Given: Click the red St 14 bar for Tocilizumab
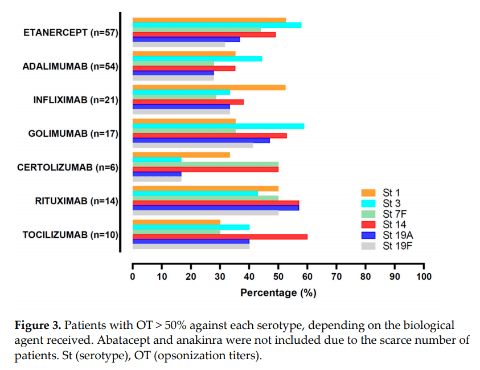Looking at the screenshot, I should [x=220, y=237].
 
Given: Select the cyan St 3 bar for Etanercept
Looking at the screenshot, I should [x=217, y=25].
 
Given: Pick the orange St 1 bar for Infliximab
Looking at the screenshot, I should [x=209, y=87].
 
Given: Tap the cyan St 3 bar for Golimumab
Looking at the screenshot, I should [x=218, y=126].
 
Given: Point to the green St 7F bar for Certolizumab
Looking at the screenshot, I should [x=206, y=164].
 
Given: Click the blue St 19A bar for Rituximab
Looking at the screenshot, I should [x=216, y=208].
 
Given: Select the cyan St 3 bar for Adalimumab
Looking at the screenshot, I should [x=197, y=58].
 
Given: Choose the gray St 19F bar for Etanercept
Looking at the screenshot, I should [x=179, y=44].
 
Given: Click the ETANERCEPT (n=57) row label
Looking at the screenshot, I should [x=70, y=32].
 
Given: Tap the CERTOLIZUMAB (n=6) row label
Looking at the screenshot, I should [x=67, y=168].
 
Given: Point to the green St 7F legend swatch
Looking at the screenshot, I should [x=370, y=214].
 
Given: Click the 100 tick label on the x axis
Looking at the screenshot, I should [x=424, y=277].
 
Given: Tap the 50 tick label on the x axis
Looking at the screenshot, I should [x=278, y=277].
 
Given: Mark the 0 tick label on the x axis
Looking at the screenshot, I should [x=133, y=277].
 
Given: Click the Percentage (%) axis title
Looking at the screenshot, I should [x=278, y=293].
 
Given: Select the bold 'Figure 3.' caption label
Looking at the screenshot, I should [x=37, y=326].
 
